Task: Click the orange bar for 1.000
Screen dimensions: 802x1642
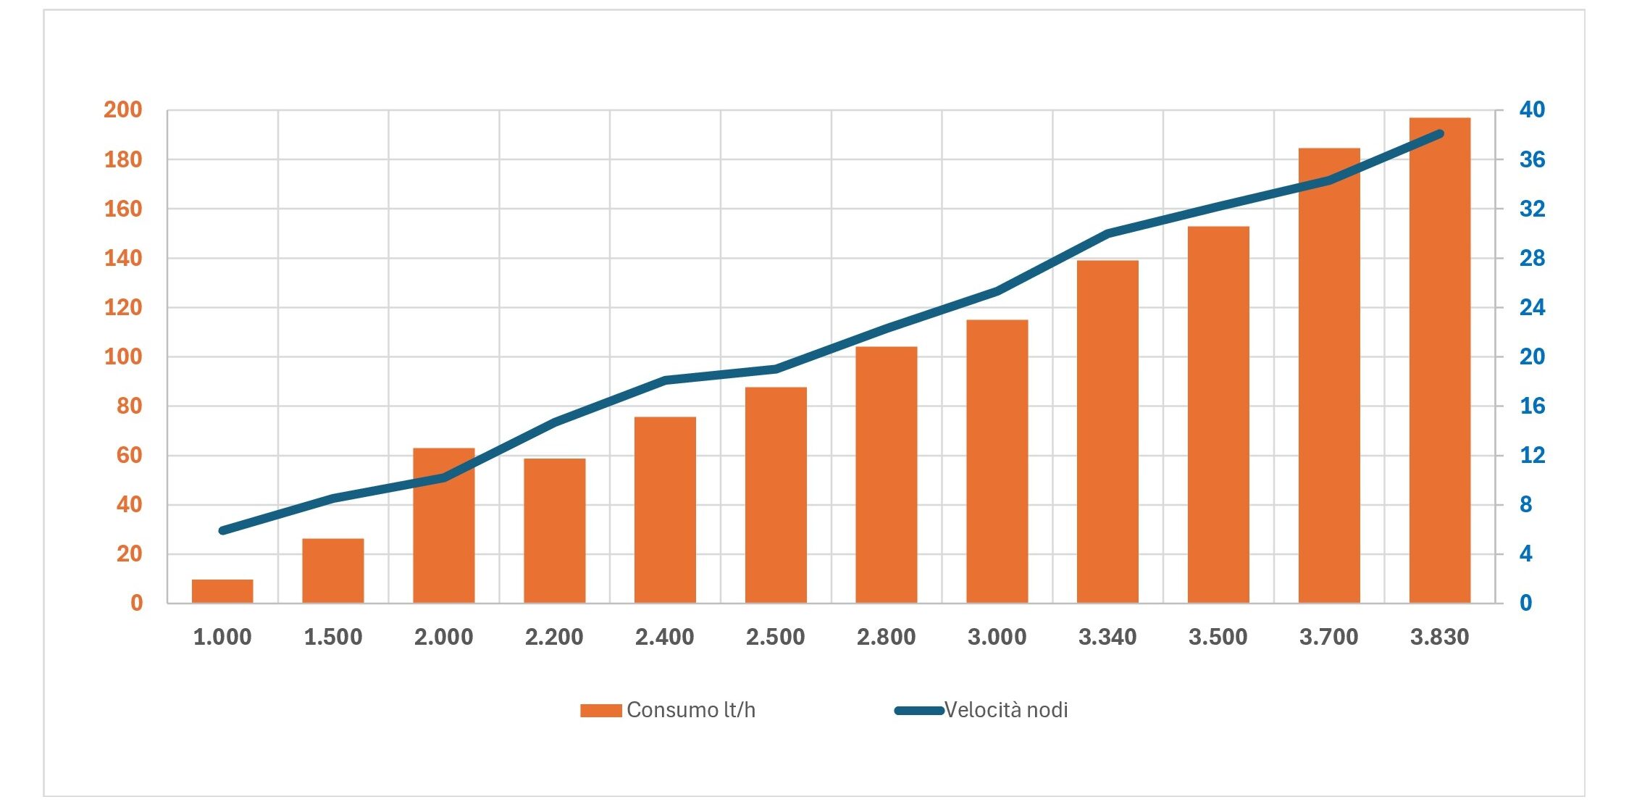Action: coord(222,591)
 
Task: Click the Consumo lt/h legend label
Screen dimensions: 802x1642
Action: coord(691,710)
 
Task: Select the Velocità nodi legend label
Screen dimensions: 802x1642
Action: coord(1006,710)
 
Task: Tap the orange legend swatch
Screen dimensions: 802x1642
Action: coord(600,711)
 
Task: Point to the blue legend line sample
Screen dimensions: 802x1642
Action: coord(918,711)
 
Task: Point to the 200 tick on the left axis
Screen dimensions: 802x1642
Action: coord(123,110)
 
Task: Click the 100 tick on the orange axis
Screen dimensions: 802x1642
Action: coord(123,356)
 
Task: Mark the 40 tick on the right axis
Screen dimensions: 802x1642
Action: coord(1532,110)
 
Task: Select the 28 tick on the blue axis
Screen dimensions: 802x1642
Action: coord(1532,258)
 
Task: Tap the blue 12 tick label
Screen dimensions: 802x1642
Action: coord(1532,455)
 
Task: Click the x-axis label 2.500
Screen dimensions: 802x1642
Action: coord(775,638)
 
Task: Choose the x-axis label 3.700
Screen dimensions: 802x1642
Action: coord(1328,638)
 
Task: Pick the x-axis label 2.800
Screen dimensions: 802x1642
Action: coord(886,638)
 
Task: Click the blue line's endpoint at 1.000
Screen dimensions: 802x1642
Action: coord(222,530)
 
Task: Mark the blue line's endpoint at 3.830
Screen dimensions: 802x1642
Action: coord(1440,134)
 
